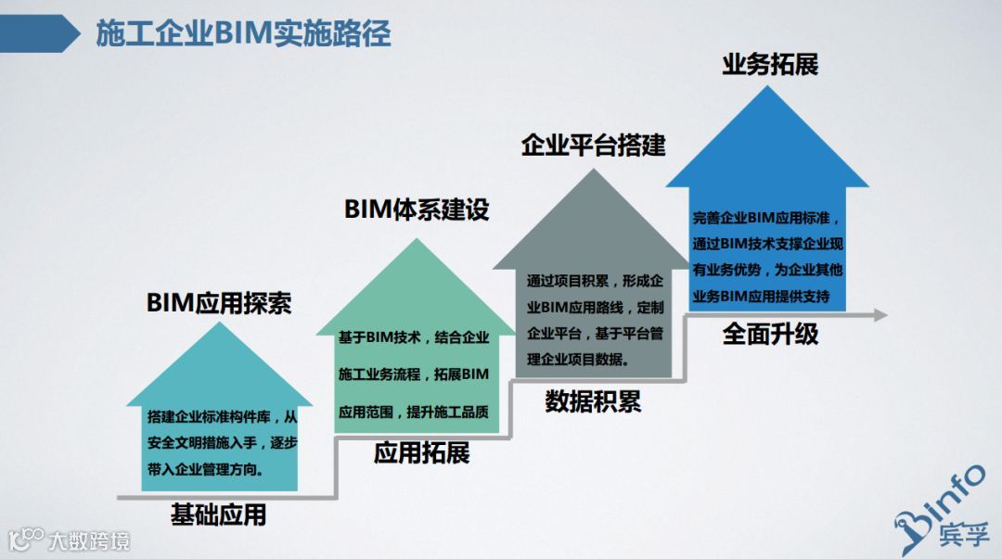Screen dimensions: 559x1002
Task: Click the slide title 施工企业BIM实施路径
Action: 243,33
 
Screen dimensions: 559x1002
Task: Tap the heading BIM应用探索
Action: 219,303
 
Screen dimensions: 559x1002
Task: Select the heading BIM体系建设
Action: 417,210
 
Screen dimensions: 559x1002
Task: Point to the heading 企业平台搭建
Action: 593,145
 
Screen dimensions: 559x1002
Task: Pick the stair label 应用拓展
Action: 421,452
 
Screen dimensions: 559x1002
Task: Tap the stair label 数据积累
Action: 593,401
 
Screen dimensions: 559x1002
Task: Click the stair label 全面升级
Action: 770,334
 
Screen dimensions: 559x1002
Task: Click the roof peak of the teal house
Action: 218,327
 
